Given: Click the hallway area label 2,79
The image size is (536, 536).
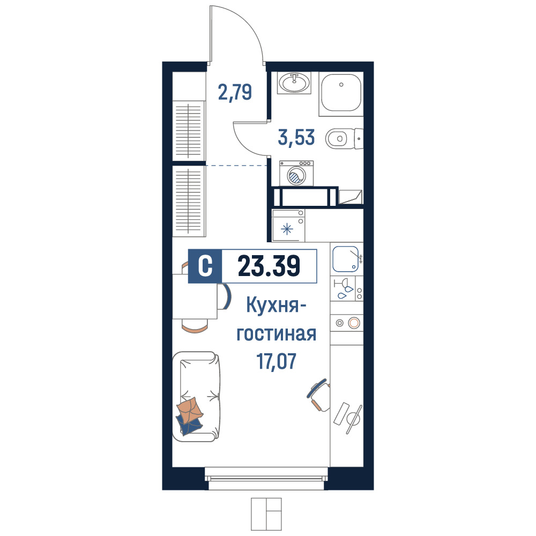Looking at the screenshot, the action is [235, 92].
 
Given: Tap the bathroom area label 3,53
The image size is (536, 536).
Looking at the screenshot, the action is [296, 137].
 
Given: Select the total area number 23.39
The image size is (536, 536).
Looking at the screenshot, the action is [269, 266].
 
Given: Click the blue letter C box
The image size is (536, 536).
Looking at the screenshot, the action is [205, 266].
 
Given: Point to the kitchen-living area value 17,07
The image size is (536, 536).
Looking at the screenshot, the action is [276, 362].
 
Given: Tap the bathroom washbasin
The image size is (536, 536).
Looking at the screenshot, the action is [294, 83].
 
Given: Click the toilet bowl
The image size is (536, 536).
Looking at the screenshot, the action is [344, 138].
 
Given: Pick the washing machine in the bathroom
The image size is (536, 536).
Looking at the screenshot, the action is [296, 173].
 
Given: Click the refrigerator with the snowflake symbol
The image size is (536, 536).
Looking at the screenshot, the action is [288, 225].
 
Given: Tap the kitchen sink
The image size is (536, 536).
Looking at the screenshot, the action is [346, 259].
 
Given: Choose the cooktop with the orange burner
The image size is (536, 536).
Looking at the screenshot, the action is [347, 323].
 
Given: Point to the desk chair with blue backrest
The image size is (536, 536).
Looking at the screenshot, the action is [318, 394].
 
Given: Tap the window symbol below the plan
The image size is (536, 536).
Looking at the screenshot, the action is [266, 514].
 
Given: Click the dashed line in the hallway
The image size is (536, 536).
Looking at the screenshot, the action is [236, 166].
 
